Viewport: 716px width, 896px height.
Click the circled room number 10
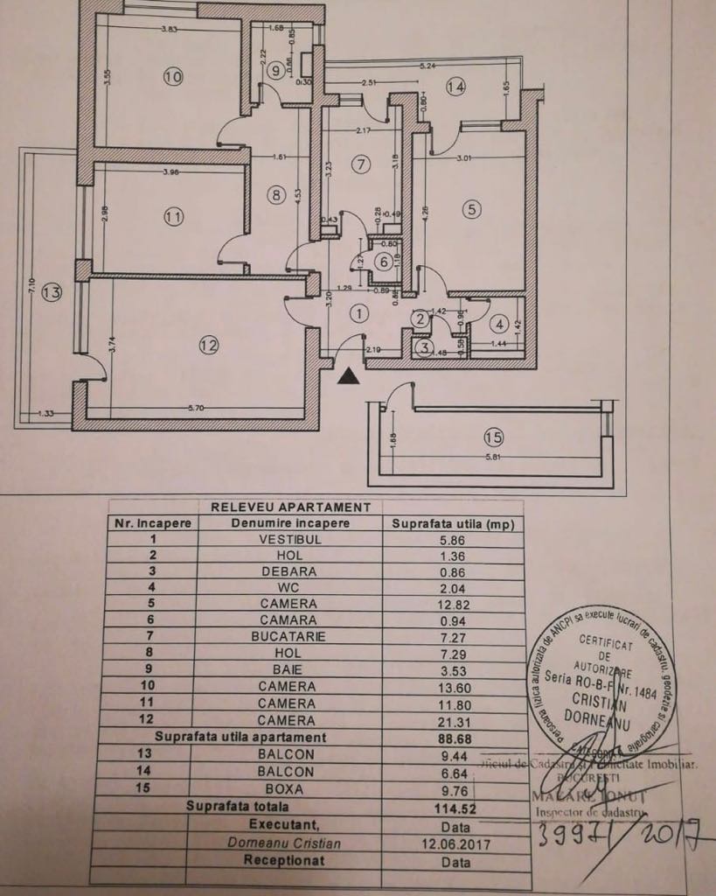[173, 77]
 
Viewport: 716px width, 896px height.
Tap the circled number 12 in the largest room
[207, 346]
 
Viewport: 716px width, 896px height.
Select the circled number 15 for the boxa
[494, 436]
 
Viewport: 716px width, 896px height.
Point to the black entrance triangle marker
[349, 376]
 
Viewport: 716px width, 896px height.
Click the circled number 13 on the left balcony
[52, 293]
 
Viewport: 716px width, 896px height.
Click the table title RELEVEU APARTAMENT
[286, 507]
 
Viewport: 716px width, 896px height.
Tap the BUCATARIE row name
[288, 636]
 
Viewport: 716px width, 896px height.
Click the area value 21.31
[454, 721]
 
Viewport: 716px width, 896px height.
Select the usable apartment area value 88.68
[454, 738]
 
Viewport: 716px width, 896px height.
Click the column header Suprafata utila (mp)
[453, 523]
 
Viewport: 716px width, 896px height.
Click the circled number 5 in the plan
[472, 209]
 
